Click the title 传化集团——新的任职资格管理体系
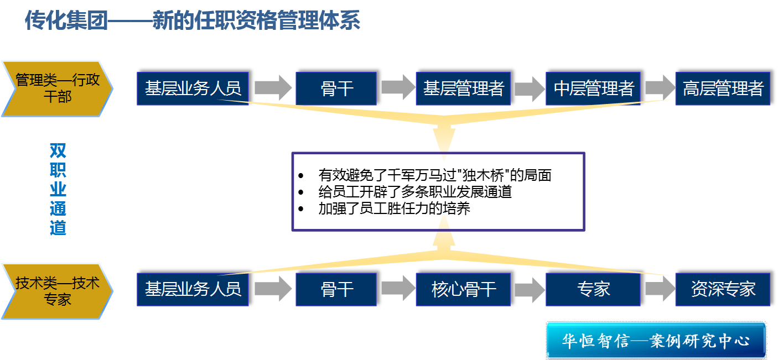pyautogui.click(x=193, y=21)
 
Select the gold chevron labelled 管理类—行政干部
pyautogui.click(x=58, y=88)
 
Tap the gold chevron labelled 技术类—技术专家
pyautogui.click(x=58, y=291)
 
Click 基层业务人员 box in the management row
pyautogui.click(x=193, y=88)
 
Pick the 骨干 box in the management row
pyautogui.click(x=336, y=88)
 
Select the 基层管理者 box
pyautogui.click(x=463, y=88)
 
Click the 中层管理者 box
pyautogui.click(x=593, y=88)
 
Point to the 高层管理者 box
pyautogui.click(x=723, y=88)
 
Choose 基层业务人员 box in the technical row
pyautogui.click(x=193, y=289)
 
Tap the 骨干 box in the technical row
pyautogui.click(x=336, y=289)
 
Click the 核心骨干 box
pyautogui.click(x=463, y=289)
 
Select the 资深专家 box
pyautogui.click(x=723, y=289)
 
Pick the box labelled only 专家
pyautogui.click(x=593, y=289)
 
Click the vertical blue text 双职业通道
pyautogui.click(x=58, y=190)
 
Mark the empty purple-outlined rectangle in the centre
pyautogui.click(x=438, y=191)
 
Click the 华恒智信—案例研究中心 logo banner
pyautogui.click(x=656, y=340)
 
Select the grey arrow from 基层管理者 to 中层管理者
pyautogui.click(x=528, y=88)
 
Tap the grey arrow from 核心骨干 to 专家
pyautogui.click(x=528, y=289)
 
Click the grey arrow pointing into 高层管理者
pyautogui.click(x=658, y=87)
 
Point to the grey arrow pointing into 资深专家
pyautogui.click(x=658, y=289)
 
